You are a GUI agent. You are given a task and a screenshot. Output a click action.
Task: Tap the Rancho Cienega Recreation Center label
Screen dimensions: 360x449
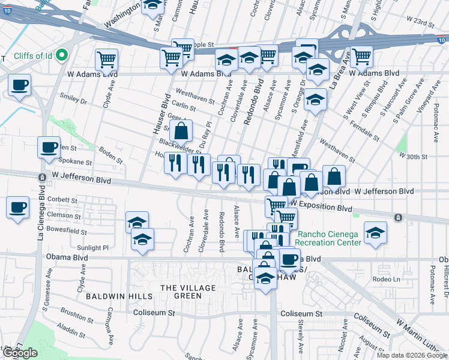328,238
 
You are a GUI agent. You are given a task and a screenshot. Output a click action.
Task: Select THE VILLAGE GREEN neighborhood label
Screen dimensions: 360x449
187,292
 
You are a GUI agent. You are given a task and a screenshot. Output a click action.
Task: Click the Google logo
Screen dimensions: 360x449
20,353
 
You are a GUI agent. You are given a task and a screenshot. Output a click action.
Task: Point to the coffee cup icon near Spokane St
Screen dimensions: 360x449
49,146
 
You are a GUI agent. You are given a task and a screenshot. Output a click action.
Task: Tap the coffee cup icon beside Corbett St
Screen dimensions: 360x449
17,208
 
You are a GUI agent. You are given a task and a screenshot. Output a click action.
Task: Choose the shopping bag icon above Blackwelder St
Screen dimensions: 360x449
181,130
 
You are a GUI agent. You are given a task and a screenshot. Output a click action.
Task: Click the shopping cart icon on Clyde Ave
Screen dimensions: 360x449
106,59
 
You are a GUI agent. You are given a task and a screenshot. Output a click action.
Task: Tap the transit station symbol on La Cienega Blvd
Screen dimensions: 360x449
42,178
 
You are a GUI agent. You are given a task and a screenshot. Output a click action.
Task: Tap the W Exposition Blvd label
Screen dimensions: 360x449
323,208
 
